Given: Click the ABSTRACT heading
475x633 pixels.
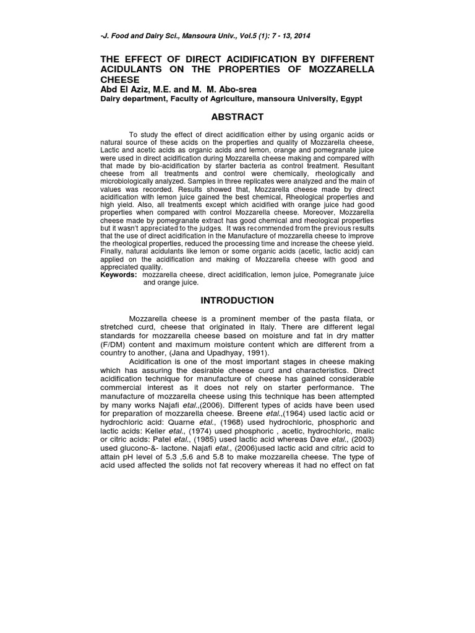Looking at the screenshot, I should click(x=237, y=117).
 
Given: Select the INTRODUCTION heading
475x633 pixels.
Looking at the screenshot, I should click(x=237, y=300).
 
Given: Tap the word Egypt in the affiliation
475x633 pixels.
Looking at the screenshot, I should click(x=350, y=99).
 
